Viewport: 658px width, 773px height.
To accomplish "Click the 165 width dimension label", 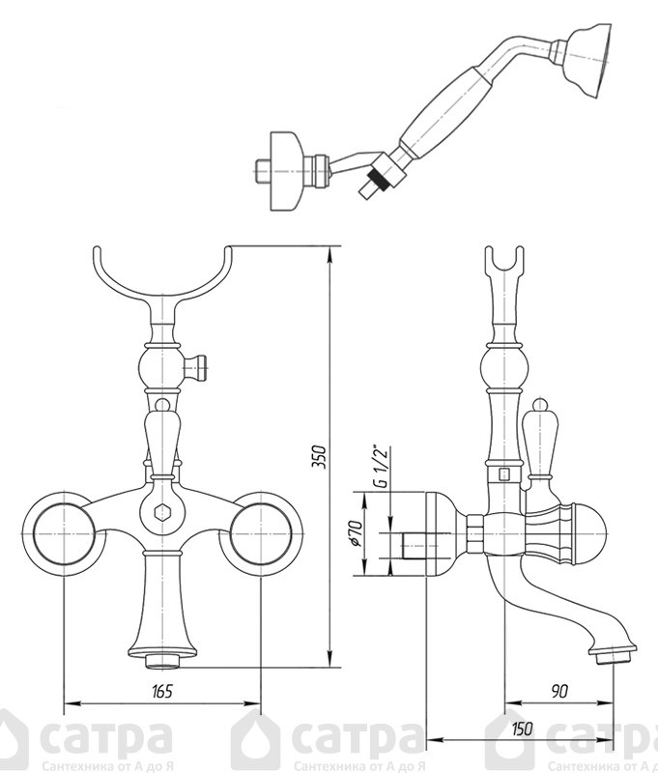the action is (x=162, y=691).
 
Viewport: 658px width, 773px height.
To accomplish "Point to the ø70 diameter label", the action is (x=358, y=533).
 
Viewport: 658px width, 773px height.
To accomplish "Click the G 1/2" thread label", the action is (x=381, y=466).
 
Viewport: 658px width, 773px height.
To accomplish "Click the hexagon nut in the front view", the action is (x=161, y=513).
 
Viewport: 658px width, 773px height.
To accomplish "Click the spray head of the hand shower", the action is (x=588, y=60).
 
